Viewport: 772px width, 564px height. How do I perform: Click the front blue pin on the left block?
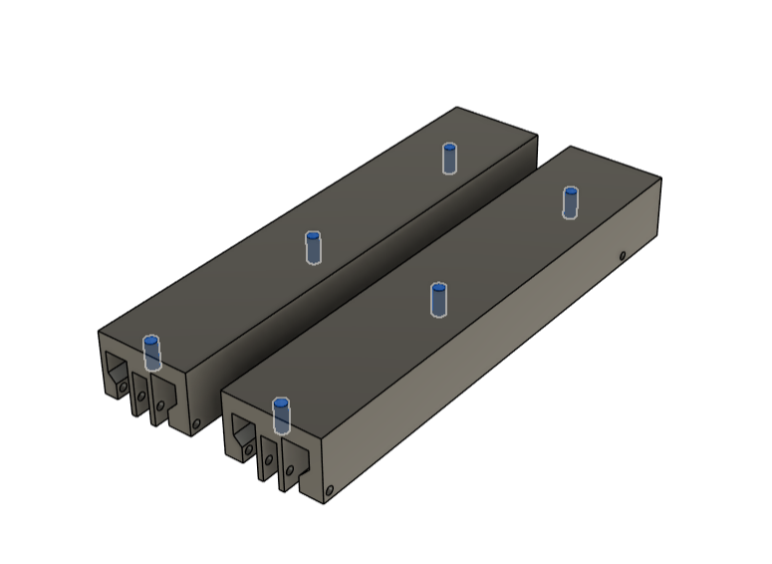[151, 353]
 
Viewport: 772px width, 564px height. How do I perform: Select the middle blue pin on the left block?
[313, 247]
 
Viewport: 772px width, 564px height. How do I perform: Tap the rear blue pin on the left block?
[450, 157]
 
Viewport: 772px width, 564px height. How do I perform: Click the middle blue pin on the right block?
[438, 299]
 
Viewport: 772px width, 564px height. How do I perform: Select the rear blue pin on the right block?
[570, 201]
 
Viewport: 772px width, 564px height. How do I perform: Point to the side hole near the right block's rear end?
[623, 256]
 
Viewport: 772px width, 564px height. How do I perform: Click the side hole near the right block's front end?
[330, 489]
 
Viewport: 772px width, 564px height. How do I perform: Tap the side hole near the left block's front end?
[196, 423]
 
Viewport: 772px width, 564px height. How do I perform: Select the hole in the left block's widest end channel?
[123, 383]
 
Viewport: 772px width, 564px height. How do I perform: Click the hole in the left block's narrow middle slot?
[141, 397]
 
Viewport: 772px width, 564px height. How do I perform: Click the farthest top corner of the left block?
[457, 108]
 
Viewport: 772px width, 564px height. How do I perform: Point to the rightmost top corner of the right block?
[661, 179]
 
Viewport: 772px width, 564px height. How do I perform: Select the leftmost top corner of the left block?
[98, 331]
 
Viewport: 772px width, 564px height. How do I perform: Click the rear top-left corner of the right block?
[570, 146]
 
